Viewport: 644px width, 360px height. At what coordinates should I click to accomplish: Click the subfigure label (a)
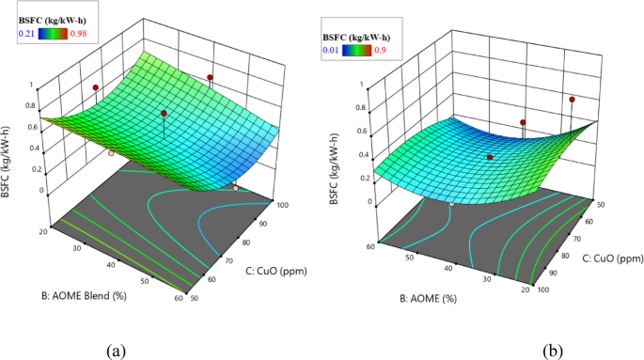pyautogui.click(x=117, y=351)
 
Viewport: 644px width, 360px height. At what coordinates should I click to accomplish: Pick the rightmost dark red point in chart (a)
pyautogui.click(x=210, y=77)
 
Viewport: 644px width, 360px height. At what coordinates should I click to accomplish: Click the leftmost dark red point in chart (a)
pyautogui.click(x=95, y=87)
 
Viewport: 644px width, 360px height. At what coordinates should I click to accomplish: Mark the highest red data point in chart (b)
pyautogui.click(x=572, y=99)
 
